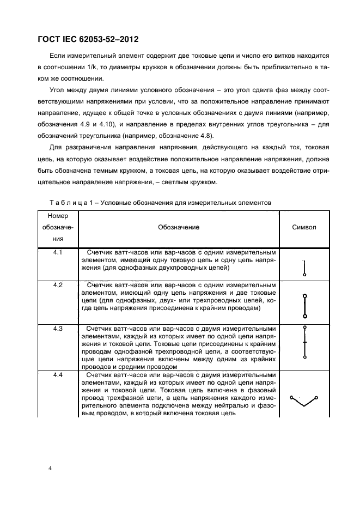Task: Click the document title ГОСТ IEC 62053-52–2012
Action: coord(88,39)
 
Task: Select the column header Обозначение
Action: coord(179,227)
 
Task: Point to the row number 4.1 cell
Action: coord(58,253)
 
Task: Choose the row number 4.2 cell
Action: coord(58,285)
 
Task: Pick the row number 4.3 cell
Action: coord(58,329)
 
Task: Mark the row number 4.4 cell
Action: coord(58,376)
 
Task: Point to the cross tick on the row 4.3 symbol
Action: coord(304,342)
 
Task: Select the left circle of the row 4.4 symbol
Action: coord(292,397)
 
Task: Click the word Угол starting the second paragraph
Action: coord(58,89)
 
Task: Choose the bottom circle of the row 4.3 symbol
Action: coord(304,357)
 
